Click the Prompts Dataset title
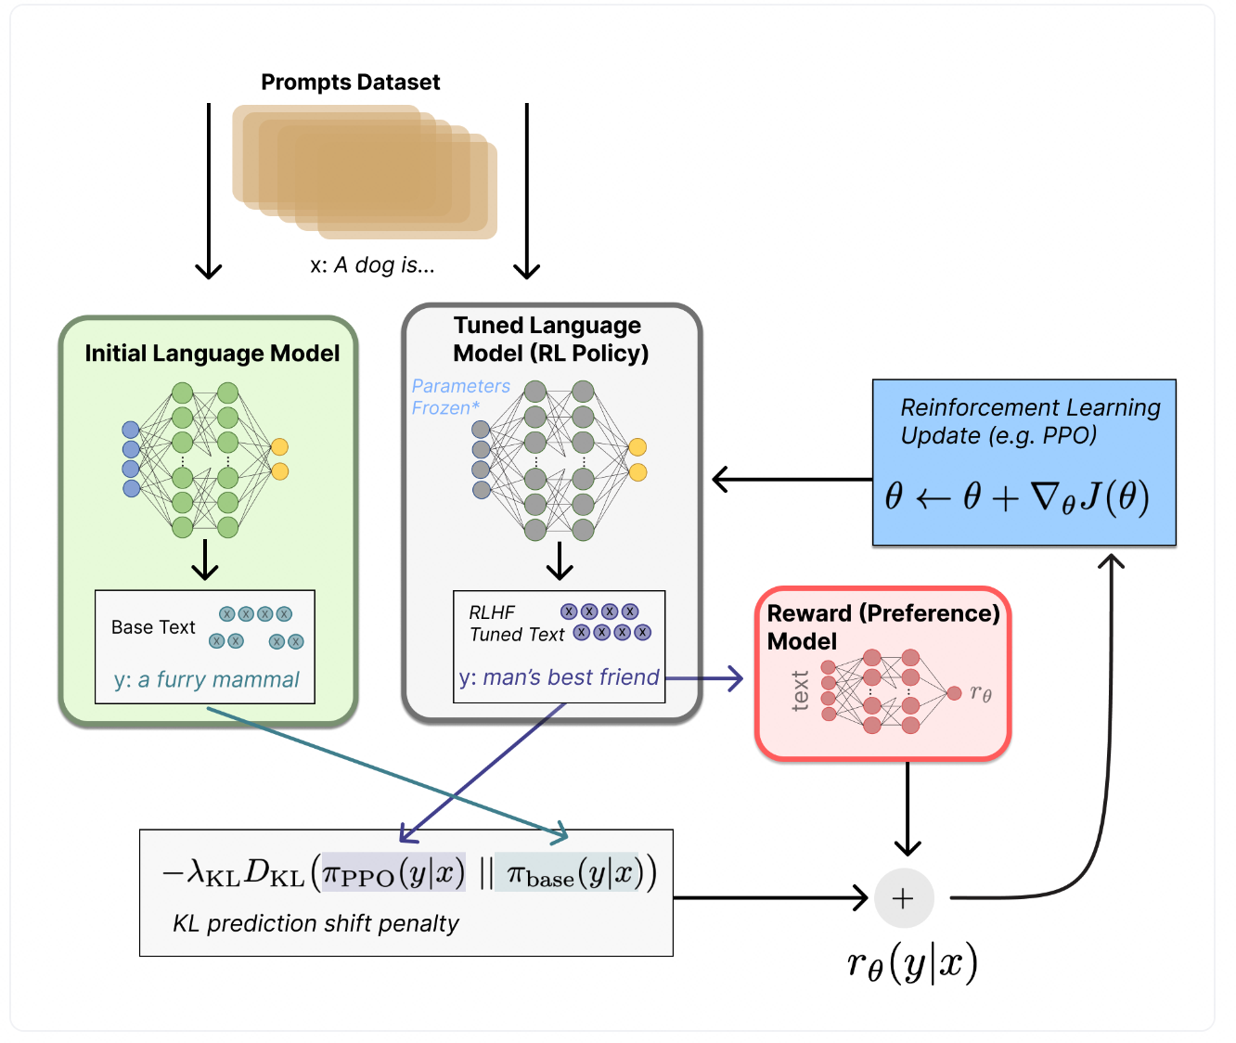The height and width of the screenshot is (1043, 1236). click(x=350, y=82)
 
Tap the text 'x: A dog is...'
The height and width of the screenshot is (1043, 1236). click(x=372, y=265)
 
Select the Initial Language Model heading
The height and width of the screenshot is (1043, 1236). click(x=212, y=354)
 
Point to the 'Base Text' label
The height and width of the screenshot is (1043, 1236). click(x=153, y=627)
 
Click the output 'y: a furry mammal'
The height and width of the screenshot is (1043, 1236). click(x=206, y=680)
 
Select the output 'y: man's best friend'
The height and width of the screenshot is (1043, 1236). click(x=559, y=677)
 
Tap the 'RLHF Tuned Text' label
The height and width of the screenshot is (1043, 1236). click(x=516, y=624)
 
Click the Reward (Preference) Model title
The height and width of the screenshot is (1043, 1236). click(x=882, y=627)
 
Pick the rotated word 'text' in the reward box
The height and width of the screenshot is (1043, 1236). click(x=800, y=691)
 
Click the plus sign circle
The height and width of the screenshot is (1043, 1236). click(x=903, y=898)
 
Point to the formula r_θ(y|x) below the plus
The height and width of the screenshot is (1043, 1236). click(x=912, y=965)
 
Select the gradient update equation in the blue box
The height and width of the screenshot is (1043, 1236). click(x=1017, y=497)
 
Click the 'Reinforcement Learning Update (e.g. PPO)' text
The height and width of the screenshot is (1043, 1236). click(x=1029, y=421)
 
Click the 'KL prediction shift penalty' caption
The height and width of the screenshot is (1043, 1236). click(x=315, y=924)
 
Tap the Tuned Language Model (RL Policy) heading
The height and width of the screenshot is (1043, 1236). click(x=550, y=340)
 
